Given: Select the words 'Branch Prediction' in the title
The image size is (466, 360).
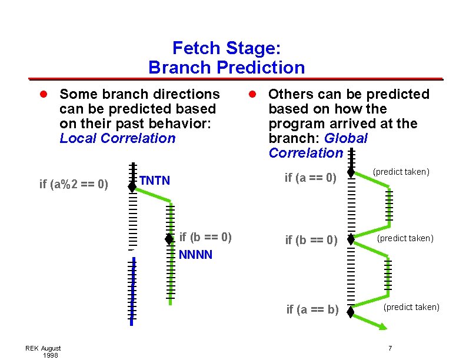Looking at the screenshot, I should (227, 68).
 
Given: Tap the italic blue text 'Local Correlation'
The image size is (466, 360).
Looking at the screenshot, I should (118, 138).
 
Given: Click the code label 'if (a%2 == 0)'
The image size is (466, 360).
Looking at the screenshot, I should (74, 184).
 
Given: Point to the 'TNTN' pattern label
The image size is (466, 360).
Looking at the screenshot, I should (155, 180).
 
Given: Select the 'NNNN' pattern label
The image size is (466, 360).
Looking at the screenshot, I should (195, 255).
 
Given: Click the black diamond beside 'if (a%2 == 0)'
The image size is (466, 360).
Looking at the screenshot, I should (133, 186).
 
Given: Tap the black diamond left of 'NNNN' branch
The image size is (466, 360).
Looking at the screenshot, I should (169, 239).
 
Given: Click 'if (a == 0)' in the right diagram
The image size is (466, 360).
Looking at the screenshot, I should (310, 177).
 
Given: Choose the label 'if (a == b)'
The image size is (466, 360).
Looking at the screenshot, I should (312, 309).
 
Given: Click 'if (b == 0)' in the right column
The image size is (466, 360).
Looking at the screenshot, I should (311, 240).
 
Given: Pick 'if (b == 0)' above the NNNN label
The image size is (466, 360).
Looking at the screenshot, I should (205, 237).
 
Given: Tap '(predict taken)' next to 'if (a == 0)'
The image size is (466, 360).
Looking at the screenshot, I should (401, 172).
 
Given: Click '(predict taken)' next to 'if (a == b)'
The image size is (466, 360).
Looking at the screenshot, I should (411, 307).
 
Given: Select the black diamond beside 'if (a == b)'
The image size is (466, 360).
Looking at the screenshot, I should (351, 312).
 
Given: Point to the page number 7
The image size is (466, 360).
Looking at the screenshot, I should (390, 348).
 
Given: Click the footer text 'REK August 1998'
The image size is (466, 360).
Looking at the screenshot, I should (43, 352).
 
